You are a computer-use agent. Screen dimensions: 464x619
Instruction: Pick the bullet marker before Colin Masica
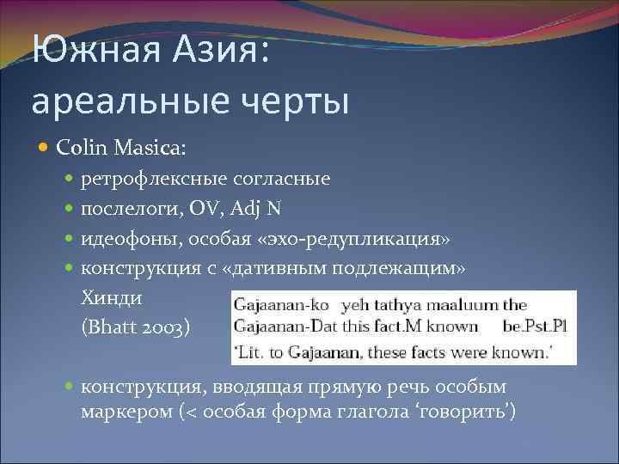point(45,149)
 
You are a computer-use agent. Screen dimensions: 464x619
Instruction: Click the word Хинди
point(111,297)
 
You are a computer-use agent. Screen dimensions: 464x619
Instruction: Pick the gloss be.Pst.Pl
point(538,327)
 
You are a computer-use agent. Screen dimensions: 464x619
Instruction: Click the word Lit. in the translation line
point(253,351)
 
